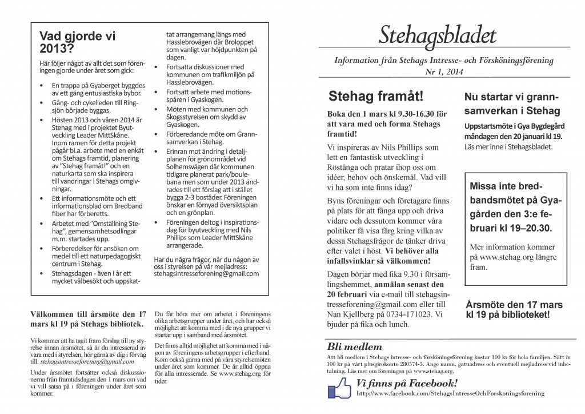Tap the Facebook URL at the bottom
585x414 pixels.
point(450,394)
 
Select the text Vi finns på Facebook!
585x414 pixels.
point(407,383)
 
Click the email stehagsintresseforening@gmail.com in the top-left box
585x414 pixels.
point(207,274)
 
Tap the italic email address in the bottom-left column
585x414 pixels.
point(83,362)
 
